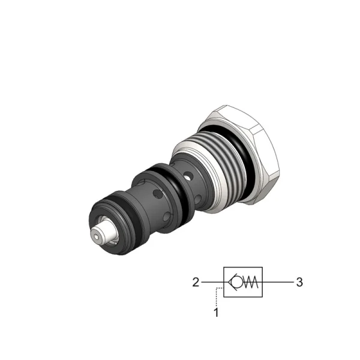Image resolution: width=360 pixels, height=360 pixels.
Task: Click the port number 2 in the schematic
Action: point(196,282)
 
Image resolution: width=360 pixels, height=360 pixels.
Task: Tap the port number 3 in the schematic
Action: point(299,282)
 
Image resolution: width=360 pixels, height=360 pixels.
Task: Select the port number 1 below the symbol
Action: point(216,313)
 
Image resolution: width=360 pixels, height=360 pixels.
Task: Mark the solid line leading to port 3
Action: point(278,282)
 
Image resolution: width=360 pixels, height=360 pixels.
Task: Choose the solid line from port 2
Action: point(212,282)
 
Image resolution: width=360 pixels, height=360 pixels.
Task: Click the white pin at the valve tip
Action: point(104,233)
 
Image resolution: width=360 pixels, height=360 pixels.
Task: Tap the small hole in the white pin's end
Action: point(96,236)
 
